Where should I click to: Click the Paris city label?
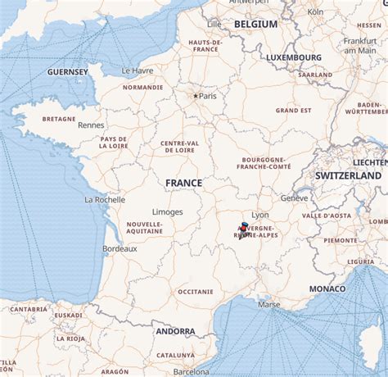208,96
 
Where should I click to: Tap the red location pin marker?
243,227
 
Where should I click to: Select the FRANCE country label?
183,183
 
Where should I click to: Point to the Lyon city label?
260,216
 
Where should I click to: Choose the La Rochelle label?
105,199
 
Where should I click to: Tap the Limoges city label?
167,211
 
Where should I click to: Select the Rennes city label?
90,125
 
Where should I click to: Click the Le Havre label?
138,70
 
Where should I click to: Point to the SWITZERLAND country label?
348,175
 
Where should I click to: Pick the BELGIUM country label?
255,25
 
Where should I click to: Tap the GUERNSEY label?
68,72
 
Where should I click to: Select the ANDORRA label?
175,332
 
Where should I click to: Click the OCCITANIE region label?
195,291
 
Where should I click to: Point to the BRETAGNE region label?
59,118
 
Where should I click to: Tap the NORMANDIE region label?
142,87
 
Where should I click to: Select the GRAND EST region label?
292,110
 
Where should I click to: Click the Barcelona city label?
191,371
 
